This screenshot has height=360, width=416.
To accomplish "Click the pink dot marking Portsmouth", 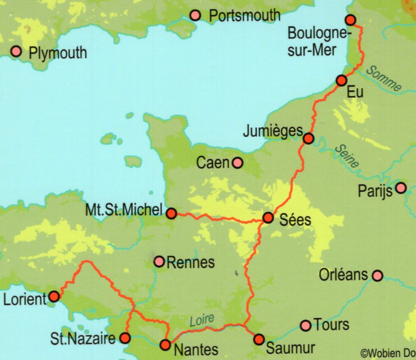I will [x=195, y=16].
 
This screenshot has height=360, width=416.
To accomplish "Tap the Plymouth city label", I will [x=58, y=53].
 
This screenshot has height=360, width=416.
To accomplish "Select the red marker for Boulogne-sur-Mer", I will [x=350, y=20].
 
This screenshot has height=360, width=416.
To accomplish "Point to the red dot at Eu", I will [x=341, y=80].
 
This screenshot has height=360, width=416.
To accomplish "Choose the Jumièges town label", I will [x=272, y=132].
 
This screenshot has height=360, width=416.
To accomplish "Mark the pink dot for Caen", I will [x=237, y=163].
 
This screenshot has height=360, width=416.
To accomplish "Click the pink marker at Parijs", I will [x=401, y=188].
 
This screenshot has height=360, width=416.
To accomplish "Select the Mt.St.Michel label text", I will [x=124, y=210].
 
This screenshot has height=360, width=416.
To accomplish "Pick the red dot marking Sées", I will [x=268, y=218].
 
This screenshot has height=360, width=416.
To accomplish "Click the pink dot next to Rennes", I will [x=159, y=261].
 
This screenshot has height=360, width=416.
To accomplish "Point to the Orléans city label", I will [x=343, y=274].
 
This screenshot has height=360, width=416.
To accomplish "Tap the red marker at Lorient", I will [x=54, y=297].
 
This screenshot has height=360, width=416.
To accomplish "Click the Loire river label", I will [x=202, y=320].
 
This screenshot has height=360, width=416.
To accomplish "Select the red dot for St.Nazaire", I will [x=125, y=338].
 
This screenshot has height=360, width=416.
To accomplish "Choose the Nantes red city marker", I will [x=165, y=345].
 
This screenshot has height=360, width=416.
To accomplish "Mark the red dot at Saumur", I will [x=259, y=339].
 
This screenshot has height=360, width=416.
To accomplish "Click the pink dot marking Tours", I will [x=306, y=325].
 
